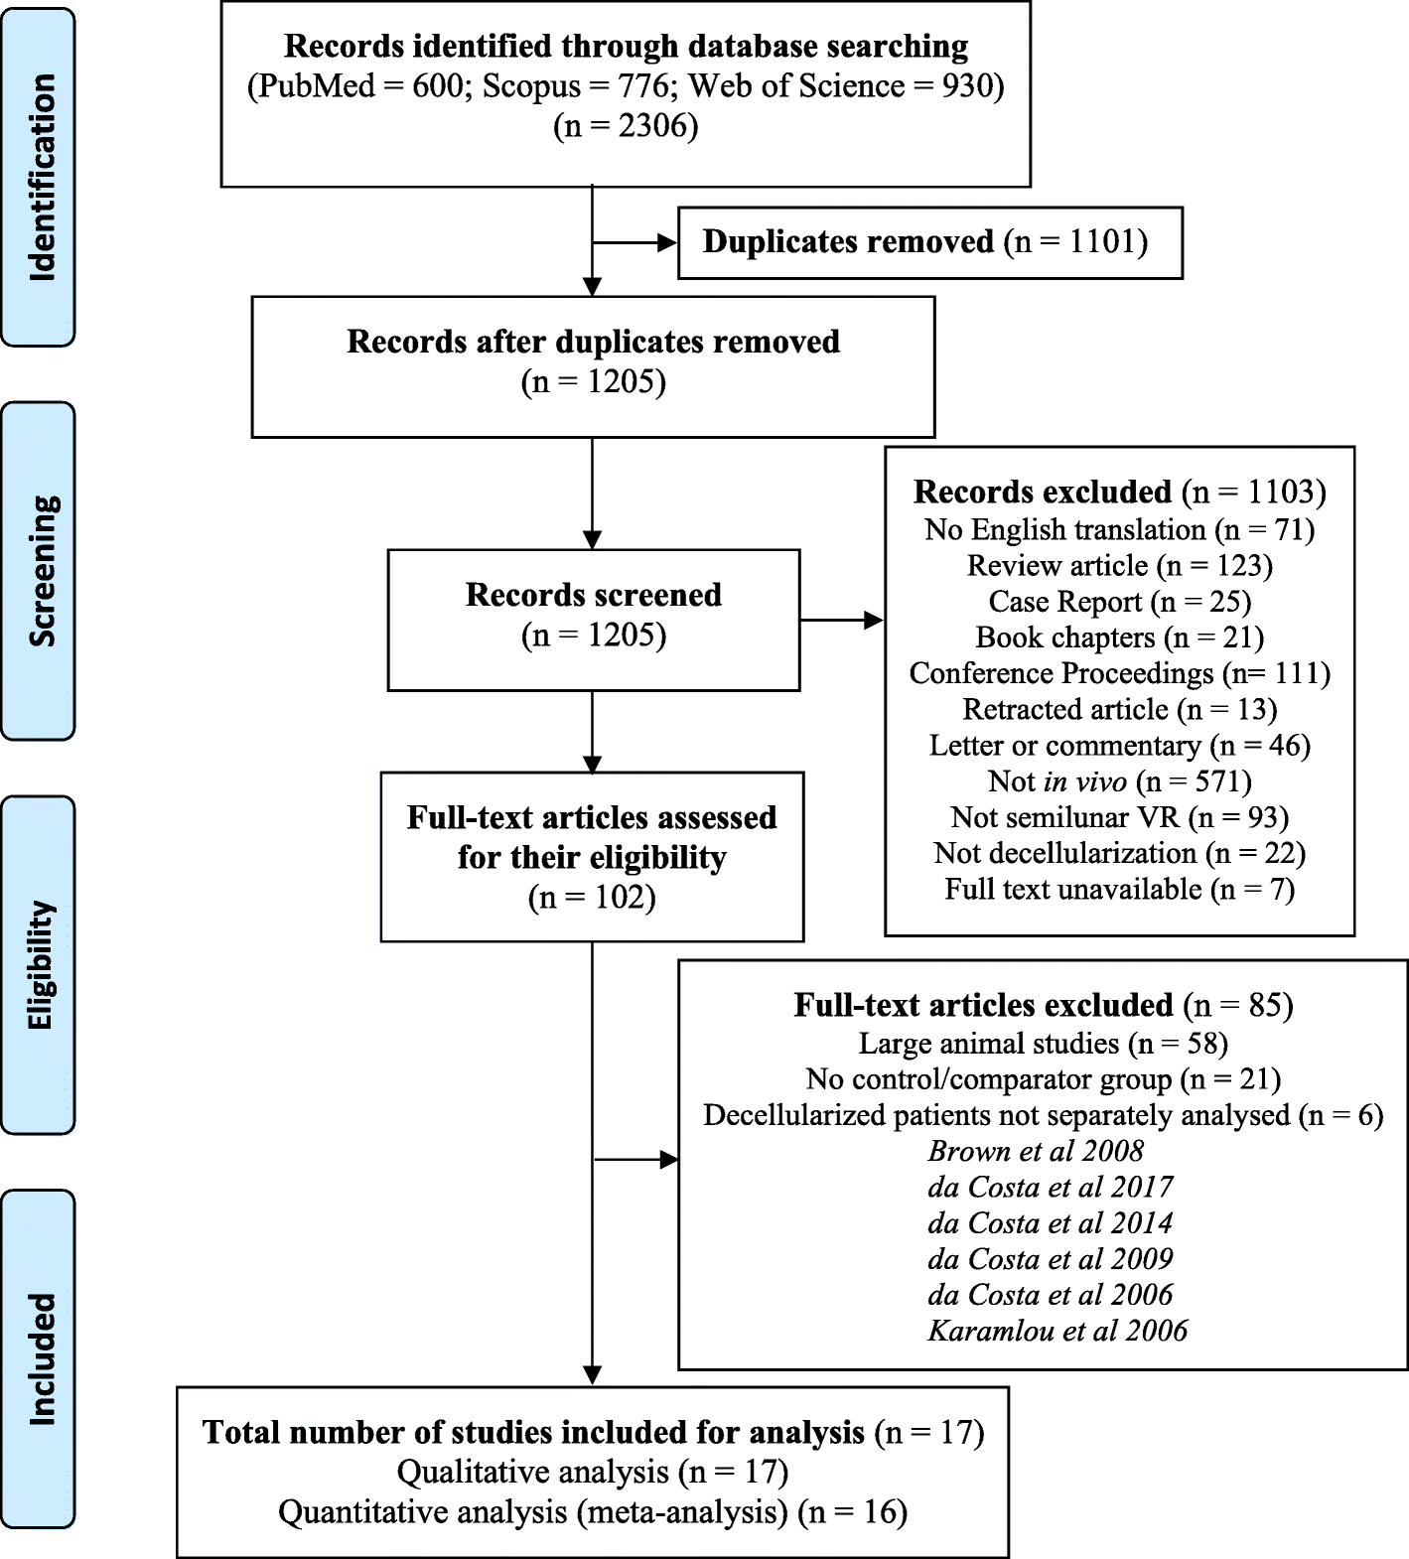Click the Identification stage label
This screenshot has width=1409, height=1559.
coord(40,177)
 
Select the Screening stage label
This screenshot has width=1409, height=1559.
coord(40,571)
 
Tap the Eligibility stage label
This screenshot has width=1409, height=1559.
coord(40,965)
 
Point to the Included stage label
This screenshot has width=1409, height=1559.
coord(40,1358)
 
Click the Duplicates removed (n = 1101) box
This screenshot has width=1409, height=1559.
coord(929,242)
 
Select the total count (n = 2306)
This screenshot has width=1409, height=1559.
coord(626,126)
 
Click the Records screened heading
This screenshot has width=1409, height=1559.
coord(594,595)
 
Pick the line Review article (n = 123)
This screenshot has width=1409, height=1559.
coord(1119,566)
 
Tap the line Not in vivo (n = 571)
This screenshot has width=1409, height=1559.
coord(1119,781)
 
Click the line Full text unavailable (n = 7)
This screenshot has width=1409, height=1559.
coord(1119,889)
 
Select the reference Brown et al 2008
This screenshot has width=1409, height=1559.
coord(1036,1151)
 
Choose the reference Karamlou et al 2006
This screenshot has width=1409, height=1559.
coord(1057,1331)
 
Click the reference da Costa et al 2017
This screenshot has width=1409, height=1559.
coord(1051,1187)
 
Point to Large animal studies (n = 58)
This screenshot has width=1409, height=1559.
coord(1043,1044)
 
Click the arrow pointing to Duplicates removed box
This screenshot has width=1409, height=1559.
coord(635,242)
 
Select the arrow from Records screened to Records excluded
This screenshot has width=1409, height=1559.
coord(842,621)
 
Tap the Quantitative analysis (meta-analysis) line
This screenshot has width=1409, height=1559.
coord(593,1512)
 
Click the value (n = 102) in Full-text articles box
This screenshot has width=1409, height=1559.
coord(593,898)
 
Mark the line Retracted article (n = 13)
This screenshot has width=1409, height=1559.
coord(1119,709)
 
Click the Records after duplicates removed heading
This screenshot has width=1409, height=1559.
coord(593,342)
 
